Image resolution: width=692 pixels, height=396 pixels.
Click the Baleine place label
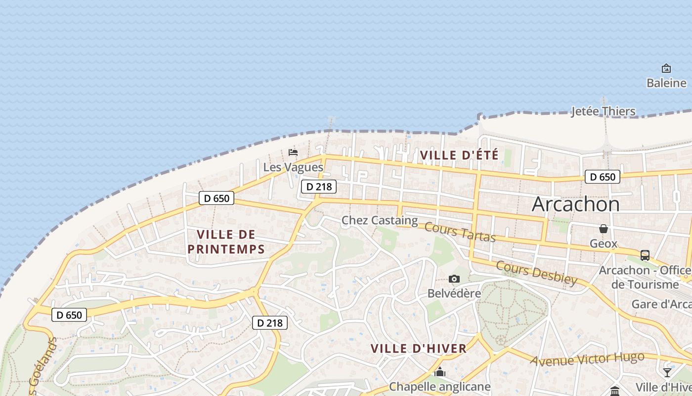pyautogui.click(x=666, y=83)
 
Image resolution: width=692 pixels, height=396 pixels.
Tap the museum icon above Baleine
pyautogui.click(x=666, y=68)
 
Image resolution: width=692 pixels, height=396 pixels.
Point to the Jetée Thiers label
pyautogui.click(x=603, y=111)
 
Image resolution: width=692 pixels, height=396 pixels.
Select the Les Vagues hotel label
pyautogui.click(x=293, y=167)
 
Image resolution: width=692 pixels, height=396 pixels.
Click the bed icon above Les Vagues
pyautogui.click(x=293, y=152)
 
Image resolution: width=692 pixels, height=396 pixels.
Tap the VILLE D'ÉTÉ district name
pyautogui.click(x=459, y=155)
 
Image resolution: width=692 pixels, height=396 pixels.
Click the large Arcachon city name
pyautogui.click(x=575, y=204)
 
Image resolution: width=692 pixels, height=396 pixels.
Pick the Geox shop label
pyautogui.click(x=604, y=243)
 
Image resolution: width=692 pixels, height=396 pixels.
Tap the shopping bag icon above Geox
pyautogui.click(x=604, y=229)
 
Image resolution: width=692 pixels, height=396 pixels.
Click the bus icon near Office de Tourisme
pyautogui.click(x=645, y=255)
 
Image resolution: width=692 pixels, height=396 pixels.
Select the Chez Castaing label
pyautogui.click(x=380, y=220)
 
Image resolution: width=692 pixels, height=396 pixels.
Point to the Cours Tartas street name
pyautogui.click(x=460, y=232)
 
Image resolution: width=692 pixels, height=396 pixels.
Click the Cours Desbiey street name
pyautogui.click(x=536, y=273)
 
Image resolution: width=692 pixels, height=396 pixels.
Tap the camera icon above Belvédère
pyautogui.click(x=454, y=279)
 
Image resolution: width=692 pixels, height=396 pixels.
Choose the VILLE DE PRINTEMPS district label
pyautogui.click(x=226, y=242)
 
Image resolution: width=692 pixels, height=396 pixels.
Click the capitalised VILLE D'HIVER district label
pyautogui.click(x=419, y=348)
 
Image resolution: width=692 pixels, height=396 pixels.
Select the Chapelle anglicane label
pyautogui.click(x=439, y=386)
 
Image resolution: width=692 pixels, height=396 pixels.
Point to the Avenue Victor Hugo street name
pyautogui.click(x=587, y=359)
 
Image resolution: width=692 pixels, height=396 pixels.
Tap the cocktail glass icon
pyautogui.click(x=667, y=372)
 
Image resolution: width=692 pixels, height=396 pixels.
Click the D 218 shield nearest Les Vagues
pyautogui.click(x=319, y=187)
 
